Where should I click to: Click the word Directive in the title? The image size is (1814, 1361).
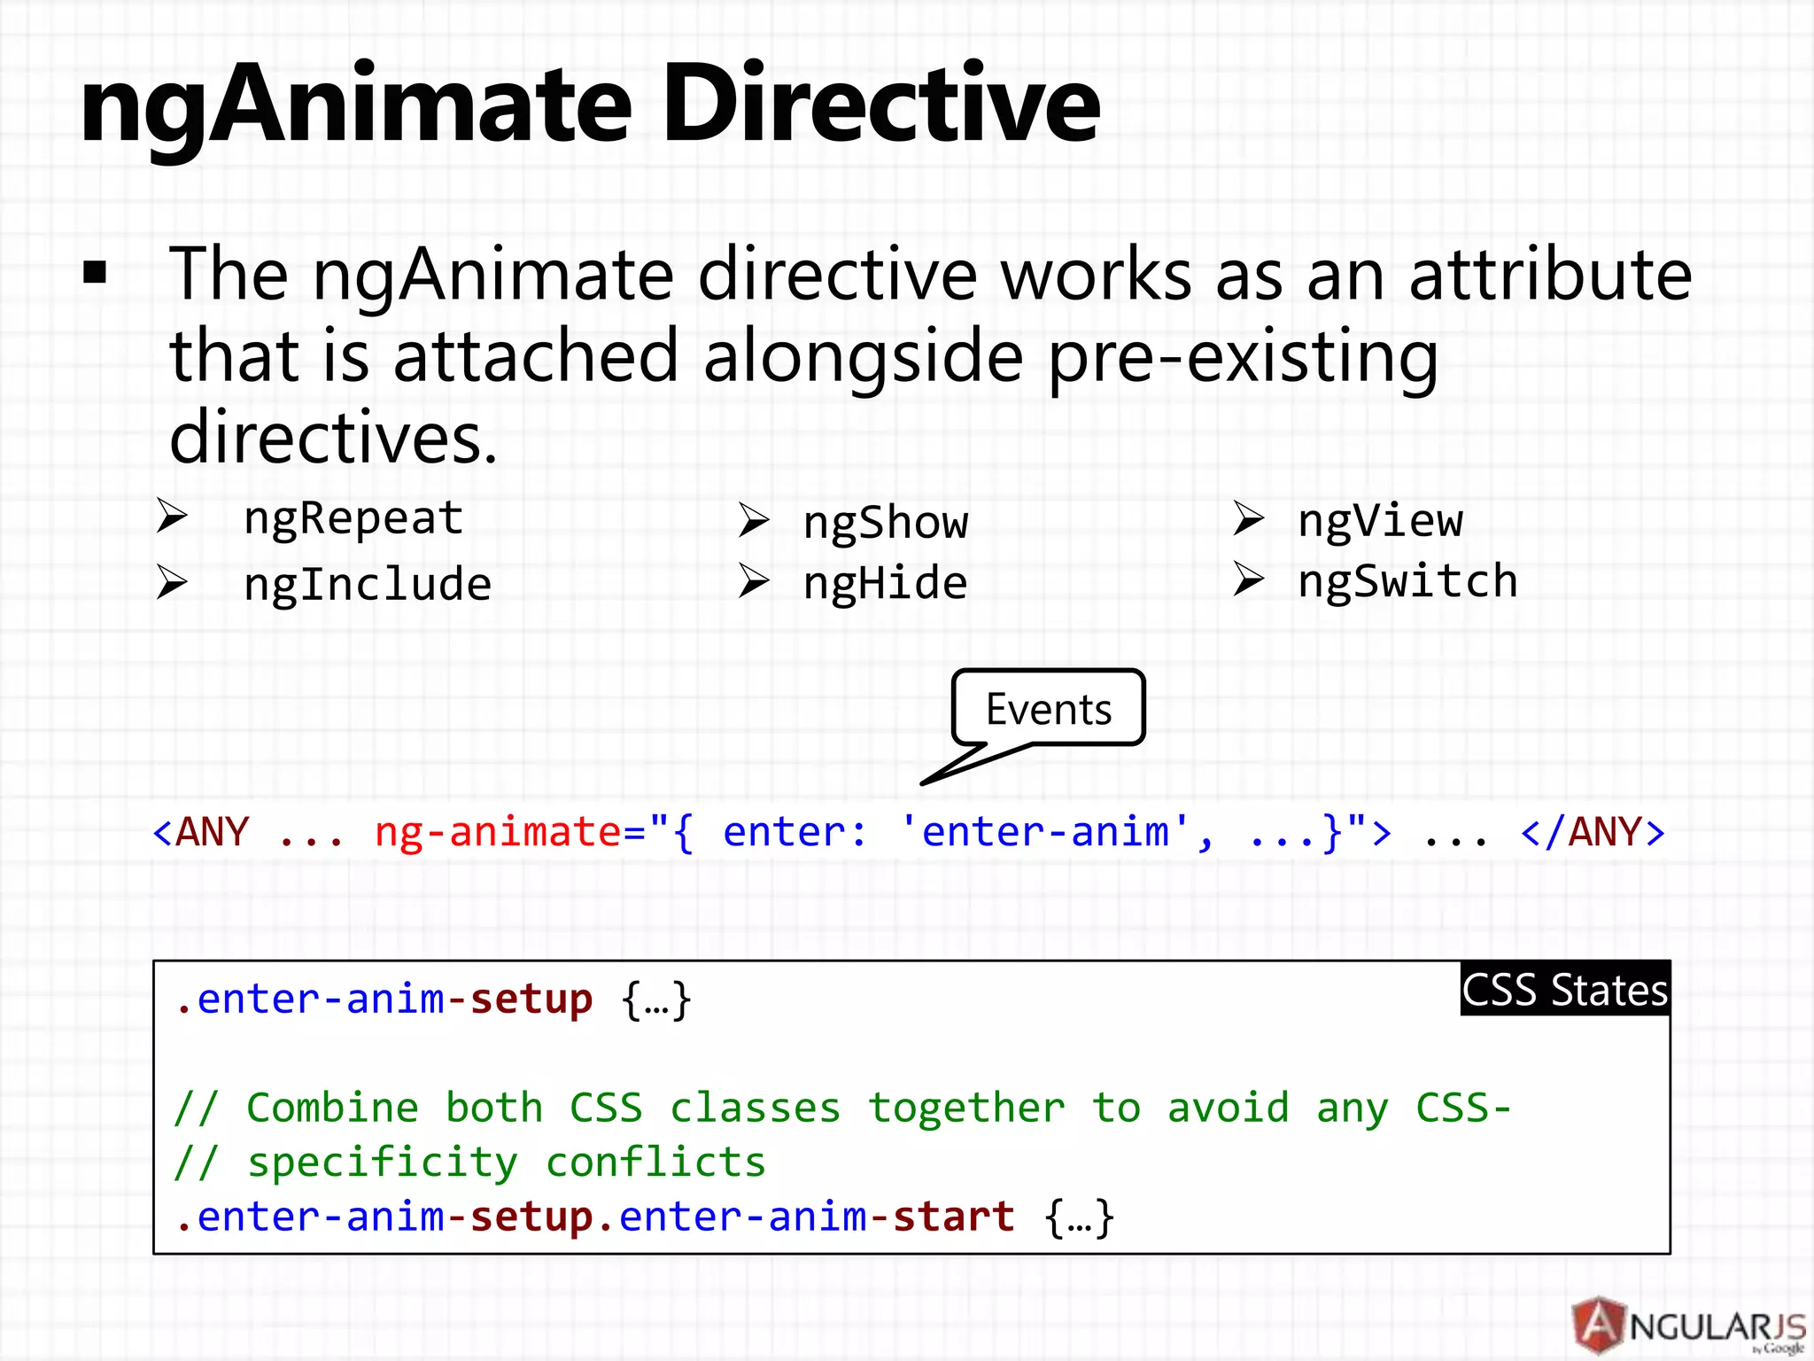coord(881,105)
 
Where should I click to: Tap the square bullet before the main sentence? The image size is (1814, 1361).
coord(95,272)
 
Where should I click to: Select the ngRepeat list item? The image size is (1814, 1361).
coord(353,518)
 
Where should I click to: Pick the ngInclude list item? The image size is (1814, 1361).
coord(367,585)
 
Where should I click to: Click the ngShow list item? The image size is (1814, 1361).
coord(885,523)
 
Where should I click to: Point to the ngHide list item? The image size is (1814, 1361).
coord(885,584)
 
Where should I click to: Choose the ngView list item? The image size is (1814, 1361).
coord(1380,521)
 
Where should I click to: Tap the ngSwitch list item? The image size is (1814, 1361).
coord(1407,582)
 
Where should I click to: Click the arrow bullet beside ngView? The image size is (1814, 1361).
coord(1248,519)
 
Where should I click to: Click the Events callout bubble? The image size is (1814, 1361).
coord(1048,709)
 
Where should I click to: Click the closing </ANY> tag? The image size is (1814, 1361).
coord(1592,833)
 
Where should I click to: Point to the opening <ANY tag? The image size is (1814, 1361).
coord(201,833)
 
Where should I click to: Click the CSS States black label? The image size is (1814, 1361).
coord(1564,990)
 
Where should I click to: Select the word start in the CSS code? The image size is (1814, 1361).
coord(953,1217)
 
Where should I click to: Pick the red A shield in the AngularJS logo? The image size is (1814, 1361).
coord(1599,1325)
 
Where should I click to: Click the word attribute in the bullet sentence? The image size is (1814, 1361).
coord(1550,275)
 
